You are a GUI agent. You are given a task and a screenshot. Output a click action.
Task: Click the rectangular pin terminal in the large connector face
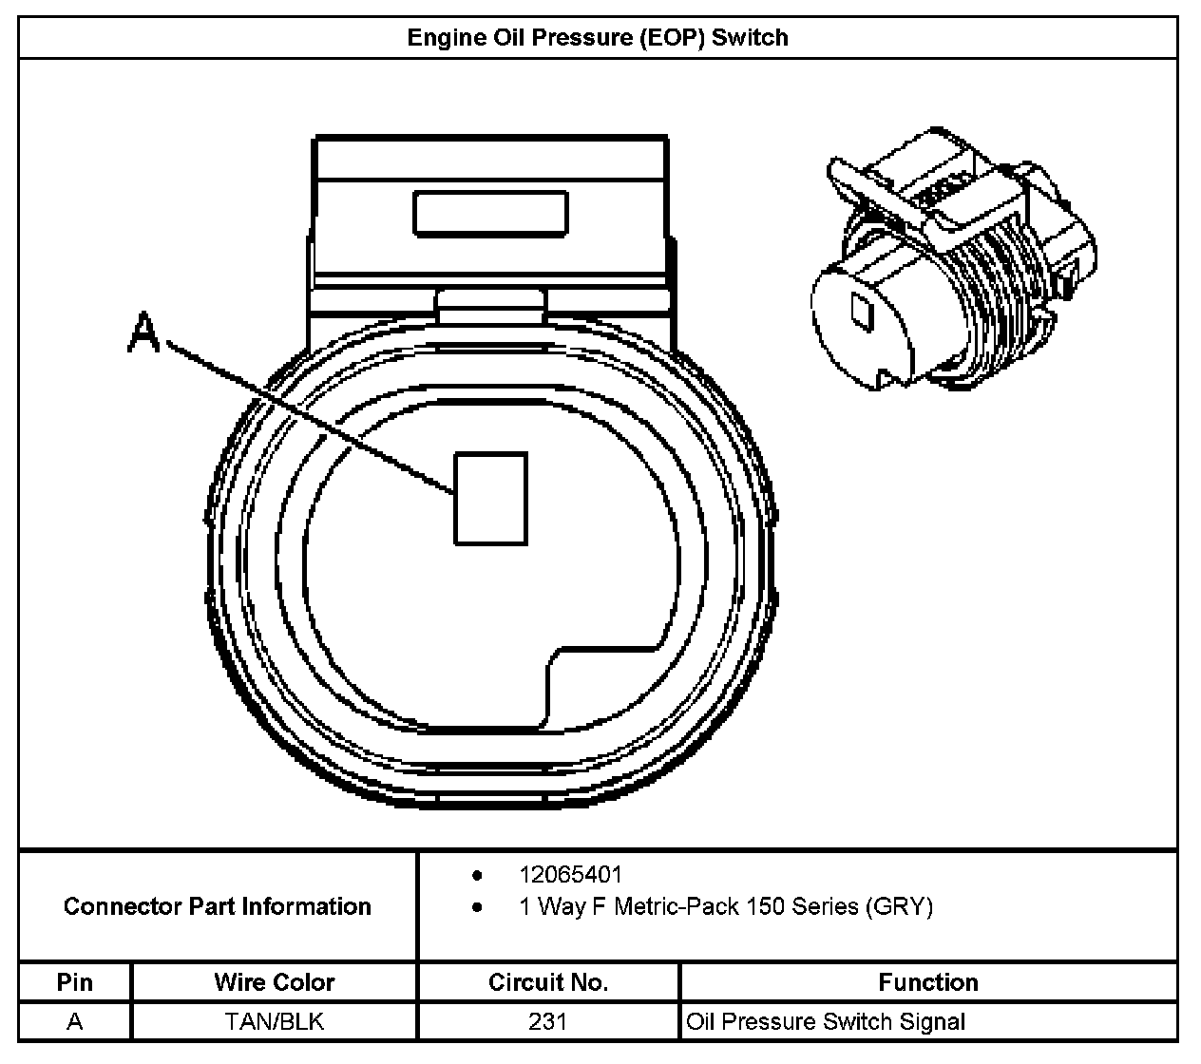tap(490, 499)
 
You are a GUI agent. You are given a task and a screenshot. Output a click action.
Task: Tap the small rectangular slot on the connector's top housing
tap(490, 213)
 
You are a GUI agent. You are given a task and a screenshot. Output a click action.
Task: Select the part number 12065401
tap(570, 874)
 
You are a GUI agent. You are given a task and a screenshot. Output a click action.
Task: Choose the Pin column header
tap(75, 981)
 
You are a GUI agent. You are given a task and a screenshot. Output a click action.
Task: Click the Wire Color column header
tap(275, 981)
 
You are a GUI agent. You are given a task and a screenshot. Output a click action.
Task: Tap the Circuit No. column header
tap(548, 981)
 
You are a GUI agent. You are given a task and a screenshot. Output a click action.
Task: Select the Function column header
tap(928, 981)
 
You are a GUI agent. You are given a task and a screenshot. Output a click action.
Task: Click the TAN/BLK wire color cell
tap(275, 1021)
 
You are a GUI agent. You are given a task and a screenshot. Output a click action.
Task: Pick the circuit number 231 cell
tap(548, 1021)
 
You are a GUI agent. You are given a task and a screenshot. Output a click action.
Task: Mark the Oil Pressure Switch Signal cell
tap(826, 1022)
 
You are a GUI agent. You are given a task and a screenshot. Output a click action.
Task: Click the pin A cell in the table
tap(75, 1021)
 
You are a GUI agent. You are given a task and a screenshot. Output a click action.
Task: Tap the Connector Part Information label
tap(217, 906)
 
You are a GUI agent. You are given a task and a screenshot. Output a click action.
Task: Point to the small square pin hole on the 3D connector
tap(863, 310)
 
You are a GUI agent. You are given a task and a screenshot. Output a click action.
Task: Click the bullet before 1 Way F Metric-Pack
tap(477, 907)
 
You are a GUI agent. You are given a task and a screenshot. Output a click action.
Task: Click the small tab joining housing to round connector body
tap(491, 302)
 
